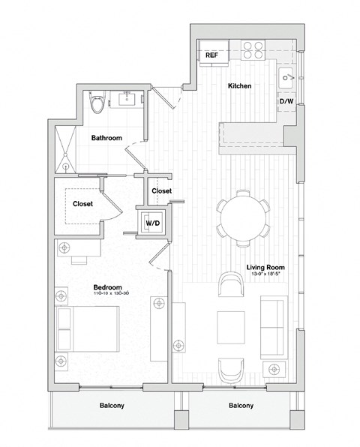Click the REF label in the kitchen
pyautogui.click(x=212, y=55)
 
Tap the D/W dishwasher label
pyautogui.click(x=286, y=100)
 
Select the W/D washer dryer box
pyautogui.click(x=152, y=223)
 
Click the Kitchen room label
pyautogui.click(x=239, y=86)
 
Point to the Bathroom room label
pyautogui.click(x=106, y=138)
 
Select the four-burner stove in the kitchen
pyautogui.click(x=253, y=49)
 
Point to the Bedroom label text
pyautogui.click(x=106, y=287)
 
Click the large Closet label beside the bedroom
pyautogui.click(x=83, y=203)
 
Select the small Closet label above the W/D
pyautogui.click(x=161, y=190)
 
